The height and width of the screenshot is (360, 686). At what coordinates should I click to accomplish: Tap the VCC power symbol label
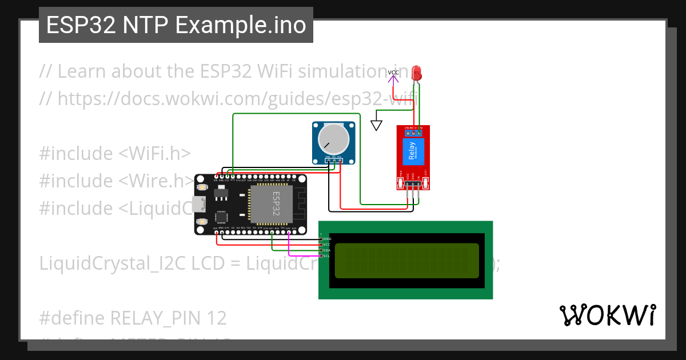393,73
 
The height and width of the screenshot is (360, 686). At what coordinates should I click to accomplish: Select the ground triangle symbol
376,125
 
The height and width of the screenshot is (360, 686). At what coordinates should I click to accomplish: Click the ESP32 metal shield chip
270,203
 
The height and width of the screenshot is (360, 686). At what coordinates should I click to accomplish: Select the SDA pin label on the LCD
326,250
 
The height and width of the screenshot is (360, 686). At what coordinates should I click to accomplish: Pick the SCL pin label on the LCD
326,256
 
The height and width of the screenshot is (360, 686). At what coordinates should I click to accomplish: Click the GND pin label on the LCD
327,239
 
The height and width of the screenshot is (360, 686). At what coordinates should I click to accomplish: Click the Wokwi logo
608,315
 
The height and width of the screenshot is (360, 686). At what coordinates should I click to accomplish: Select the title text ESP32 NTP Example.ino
176,25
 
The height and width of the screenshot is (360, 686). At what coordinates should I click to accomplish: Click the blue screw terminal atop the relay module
413,133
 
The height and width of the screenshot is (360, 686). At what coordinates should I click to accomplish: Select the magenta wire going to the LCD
289,246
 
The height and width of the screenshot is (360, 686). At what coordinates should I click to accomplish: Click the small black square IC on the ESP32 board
221,217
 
